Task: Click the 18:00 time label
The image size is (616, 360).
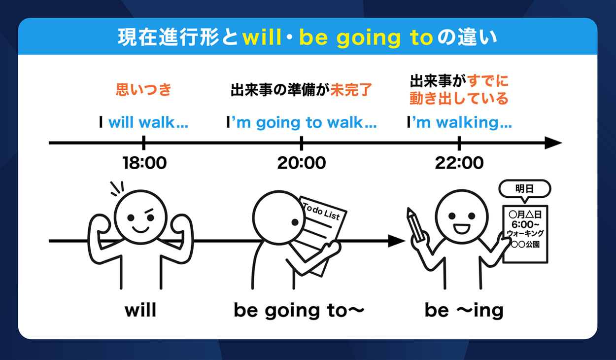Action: click(144, 163)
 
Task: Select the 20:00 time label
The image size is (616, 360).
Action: click(302, 163)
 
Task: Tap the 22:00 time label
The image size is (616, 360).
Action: click(459, 163)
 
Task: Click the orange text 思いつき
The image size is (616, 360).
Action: click(143, 89)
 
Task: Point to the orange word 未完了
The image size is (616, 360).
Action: click(351, 89)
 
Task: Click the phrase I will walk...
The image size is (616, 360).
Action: click(143, 122)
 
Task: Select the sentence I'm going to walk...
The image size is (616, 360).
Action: click(302, 123)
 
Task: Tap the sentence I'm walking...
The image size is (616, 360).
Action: click(459, 123)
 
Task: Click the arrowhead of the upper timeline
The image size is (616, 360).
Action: click(553, 143)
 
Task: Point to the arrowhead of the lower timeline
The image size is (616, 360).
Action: click(397, 241)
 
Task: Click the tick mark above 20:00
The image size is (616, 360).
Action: click(302, 143)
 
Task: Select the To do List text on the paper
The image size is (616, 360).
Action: click(321, 212)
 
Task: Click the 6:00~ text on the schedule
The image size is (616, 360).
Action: click(525, 224)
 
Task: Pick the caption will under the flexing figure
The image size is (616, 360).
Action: click(140, 310)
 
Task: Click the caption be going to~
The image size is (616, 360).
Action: click(299, 311)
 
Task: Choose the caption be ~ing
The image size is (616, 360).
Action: click(464, 311)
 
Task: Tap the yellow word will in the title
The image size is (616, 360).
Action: click(262, 37)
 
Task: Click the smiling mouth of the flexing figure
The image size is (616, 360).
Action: click(140, 229)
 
